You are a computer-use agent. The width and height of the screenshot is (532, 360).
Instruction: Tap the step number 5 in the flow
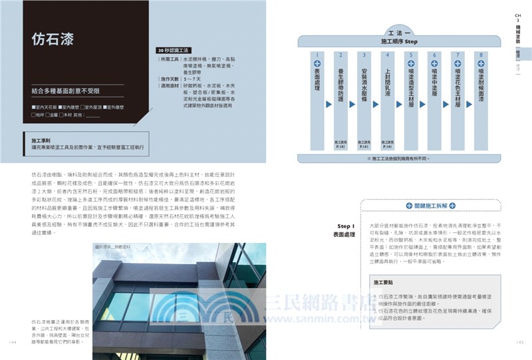(412, 55)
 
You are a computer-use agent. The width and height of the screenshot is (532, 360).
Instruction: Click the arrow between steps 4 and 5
(399, 104)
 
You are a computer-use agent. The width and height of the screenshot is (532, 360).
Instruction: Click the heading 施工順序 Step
(399, 41)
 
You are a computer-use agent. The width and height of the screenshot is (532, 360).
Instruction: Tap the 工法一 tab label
(399, 31)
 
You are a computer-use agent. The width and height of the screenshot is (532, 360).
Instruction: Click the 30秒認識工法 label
(174, 50)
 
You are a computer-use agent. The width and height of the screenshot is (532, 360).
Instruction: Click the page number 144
(13, 341)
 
